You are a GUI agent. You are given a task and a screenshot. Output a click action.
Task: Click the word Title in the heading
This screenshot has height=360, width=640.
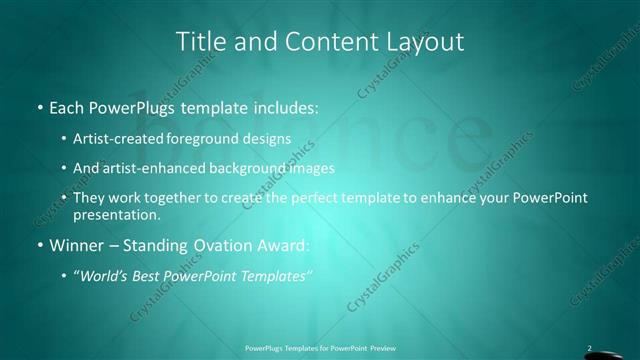pos(199,41)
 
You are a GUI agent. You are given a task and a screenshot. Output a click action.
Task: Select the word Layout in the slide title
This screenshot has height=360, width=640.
pos(427,41)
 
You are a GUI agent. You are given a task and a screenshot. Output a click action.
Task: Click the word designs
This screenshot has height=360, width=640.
pos(269,139)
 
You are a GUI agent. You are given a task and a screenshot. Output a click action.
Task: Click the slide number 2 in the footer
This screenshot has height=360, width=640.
pos(589,349)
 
